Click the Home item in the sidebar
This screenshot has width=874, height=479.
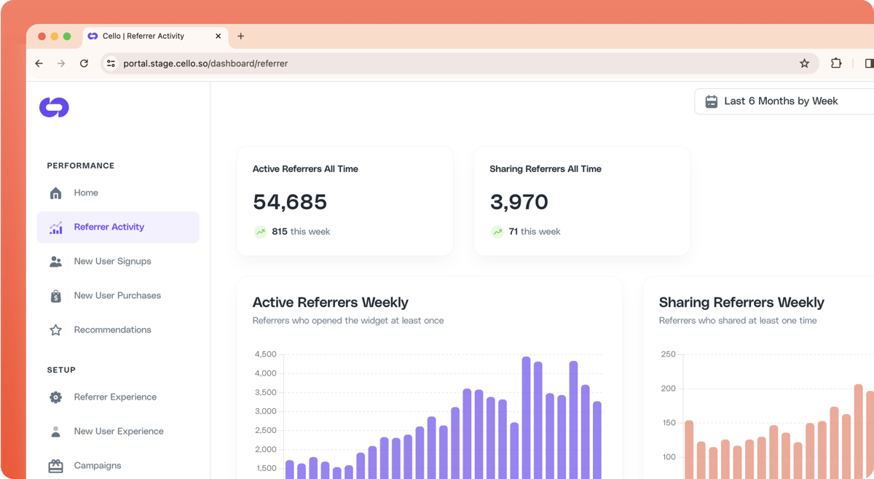pyautogui.click(x=85, y=192)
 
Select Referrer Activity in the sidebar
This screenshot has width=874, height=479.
pyautogui.click(x=109, y=227)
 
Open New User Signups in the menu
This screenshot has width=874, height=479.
pyautogui.click(x=112, y=261)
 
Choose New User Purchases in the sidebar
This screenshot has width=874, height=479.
pyautogui.click(x=117, y=295)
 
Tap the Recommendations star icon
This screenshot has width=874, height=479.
pyautogui.click(x=55, y=330)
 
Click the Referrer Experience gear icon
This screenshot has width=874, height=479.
pyautogui.click(x=55, y=397)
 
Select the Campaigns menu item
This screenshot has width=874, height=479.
pyautogui.click(x=97, y=465)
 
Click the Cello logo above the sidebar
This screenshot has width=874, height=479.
pyautogui.click(x=54, y=107)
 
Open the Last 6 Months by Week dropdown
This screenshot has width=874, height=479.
pyautogui.click(x=781, y=101)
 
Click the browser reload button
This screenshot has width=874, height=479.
pyautogui.click(x=84, y=63)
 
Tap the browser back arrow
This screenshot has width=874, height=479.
pyautogui.click(x=39, y=63)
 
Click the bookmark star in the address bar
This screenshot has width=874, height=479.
pyautogui.click(x=804, y=63)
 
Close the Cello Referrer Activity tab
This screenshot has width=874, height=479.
pyautogui.click(x=218, y=36)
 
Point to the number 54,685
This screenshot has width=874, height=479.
pyautogui.click(x=290, y=202)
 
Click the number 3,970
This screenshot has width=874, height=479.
pyautogui.click(x=519, y=202)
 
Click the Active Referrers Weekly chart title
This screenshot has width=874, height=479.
pyautogui.click(x=330, y=302)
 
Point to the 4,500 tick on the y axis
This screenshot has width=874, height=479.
pyautogui.click(x=265, y=354)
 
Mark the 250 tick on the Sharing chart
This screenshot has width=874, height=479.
pyautogui.click(x=668, y=354)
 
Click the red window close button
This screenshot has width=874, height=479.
pyautogui.click(x=42, y=36)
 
